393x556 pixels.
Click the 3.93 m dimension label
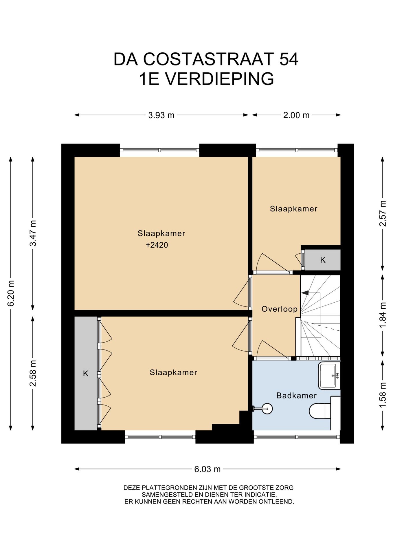pyautogui.click(x=161, y=115)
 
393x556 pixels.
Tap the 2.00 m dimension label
pyautogui.click(x=296, y=115)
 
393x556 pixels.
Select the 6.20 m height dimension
pyautogui.click(x=11, y=293)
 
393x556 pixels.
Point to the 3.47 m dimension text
pyautogui.click(x=33, y=233)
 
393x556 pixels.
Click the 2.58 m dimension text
pyautogui.click(x=33, y=373)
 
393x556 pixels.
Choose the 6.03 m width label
pyautogui.click(x=207, y=469)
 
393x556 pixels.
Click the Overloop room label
pyautogui.click(x=280, y=309)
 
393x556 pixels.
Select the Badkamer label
pyautogui.click(x=296, y=396)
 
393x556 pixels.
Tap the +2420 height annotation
pyautogui.click(x=157, y=245)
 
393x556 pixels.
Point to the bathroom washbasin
pyautogui.click(x=329, y=376)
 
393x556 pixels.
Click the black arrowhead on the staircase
pyautogui.click(x=305, y=293)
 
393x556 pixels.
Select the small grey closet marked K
pyautogui.click(x=323, y=260)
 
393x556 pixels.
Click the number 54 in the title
pyautogui.click(x=288, y=59)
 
